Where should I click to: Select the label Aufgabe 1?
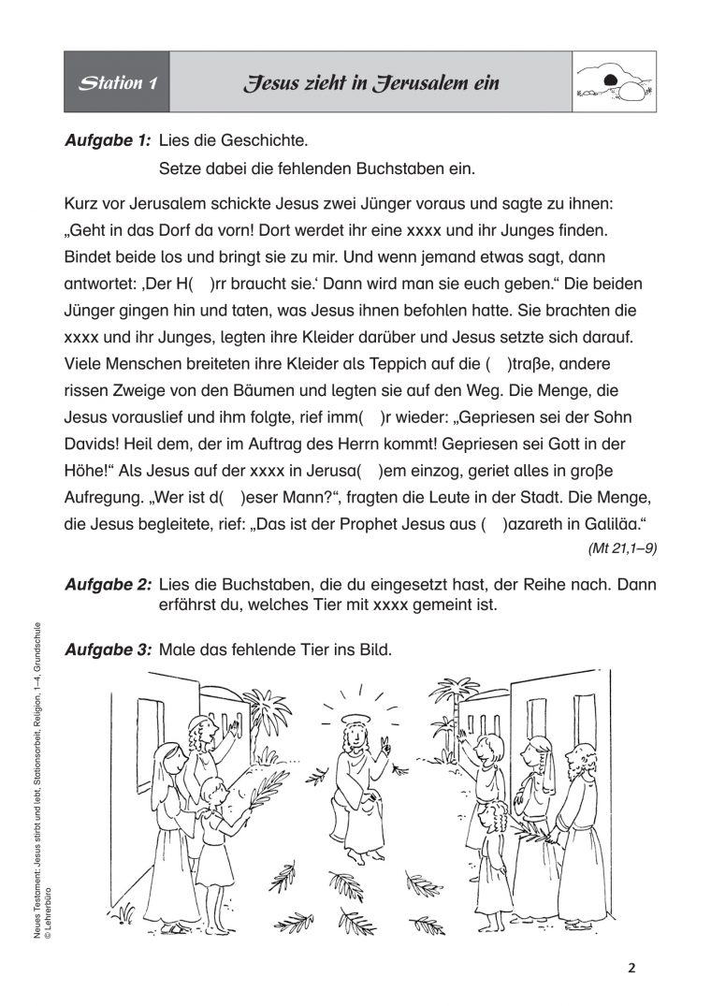[107, 141]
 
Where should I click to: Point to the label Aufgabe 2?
[107, 585]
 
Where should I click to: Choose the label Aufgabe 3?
[107, 648]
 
